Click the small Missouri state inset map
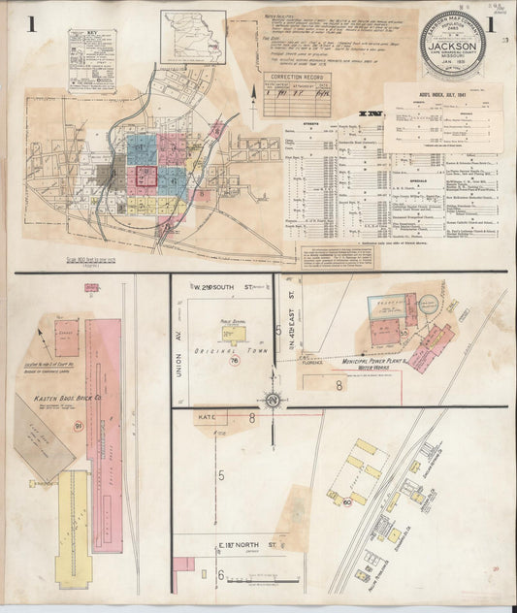(x=194, y=35)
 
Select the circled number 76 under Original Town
(x=237, y=362)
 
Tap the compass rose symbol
(x=274, y=400)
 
